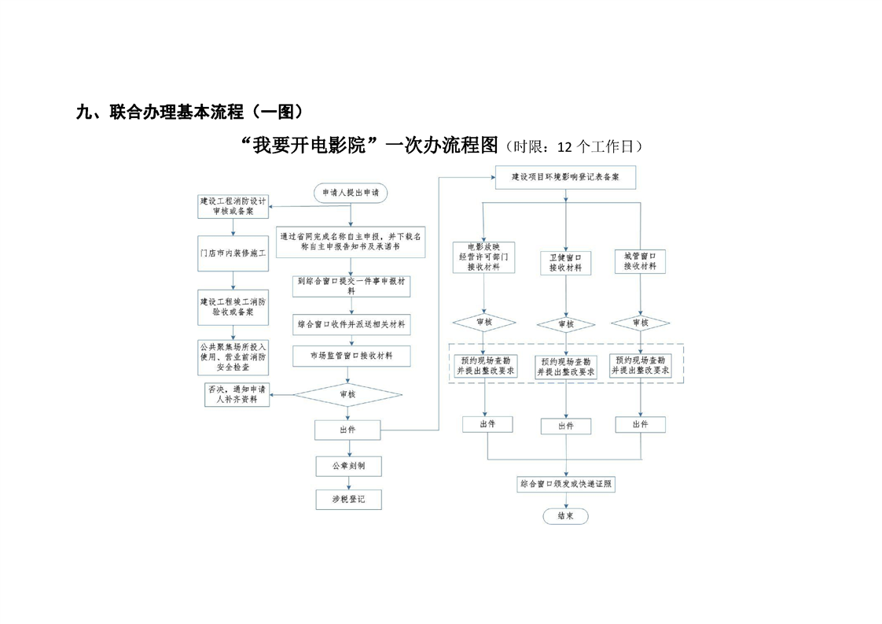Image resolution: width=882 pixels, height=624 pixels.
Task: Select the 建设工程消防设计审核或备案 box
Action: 233,206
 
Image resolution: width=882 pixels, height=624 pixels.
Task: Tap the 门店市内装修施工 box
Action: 233,255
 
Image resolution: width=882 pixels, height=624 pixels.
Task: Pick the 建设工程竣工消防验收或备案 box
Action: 233,307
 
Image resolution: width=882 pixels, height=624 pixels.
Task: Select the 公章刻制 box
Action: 349,466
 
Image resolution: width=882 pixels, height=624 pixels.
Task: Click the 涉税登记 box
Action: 349,499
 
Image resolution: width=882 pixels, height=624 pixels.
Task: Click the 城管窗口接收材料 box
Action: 640,261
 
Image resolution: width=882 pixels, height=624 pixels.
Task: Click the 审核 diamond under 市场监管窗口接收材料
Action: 347,394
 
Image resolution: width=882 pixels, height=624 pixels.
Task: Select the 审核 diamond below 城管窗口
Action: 640,323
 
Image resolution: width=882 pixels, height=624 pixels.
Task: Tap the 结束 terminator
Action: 565,516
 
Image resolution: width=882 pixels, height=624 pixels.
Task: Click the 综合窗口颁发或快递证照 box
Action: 565,485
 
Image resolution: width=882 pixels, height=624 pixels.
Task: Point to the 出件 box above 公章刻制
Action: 347,430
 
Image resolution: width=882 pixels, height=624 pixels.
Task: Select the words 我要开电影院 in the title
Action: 308,146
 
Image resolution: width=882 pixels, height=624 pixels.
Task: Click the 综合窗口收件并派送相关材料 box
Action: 351,324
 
